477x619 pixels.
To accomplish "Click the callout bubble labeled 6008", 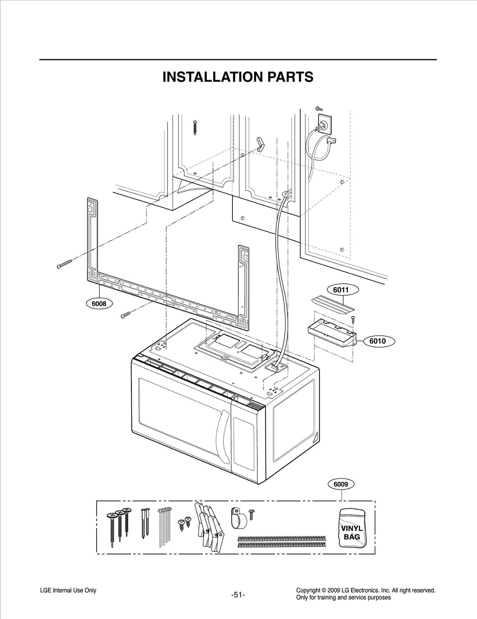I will point(99,304).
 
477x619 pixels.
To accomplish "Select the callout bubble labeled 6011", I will point(343,290).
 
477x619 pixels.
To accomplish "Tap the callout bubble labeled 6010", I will point(377,341).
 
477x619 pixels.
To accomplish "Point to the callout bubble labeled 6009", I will point(341,484).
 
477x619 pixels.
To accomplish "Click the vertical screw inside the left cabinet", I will point(195,128).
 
